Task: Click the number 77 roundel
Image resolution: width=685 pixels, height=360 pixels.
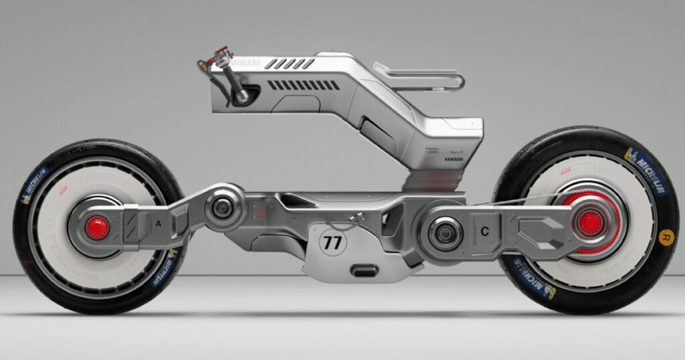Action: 332,242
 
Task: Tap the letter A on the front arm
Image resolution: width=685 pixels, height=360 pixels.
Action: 158,224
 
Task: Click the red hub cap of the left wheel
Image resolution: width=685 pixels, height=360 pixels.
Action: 97,228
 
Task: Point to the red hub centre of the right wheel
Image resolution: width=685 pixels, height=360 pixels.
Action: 590,223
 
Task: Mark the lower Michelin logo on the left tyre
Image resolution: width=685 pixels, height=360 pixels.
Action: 163,268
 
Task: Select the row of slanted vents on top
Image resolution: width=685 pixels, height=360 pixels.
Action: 289,64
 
